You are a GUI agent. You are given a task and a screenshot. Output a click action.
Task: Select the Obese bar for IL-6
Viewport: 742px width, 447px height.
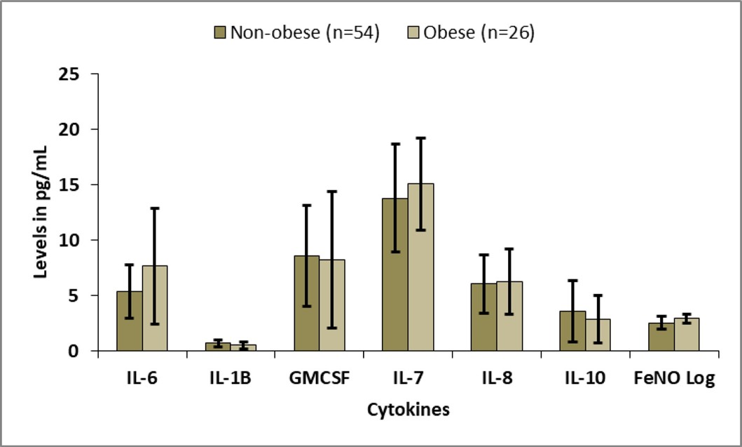click(155, 308)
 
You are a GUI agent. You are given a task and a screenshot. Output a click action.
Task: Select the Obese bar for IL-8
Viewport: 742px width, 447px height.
click(509, 316)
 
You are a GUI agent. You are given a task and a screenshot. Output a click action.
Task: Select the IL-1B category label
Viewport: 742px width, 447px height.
click(231, 380)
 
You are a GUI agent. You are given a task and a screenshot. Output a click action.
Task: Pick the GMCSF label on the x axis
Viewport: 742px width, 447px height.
click(320, 380)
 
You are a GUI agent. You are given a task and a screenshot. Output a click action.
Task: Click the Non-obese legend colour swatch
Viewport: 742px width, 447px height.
click(221, 33)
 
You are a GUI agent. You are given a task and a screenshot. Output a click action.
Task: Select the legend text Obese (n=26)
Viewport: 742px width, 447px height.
click(479, 33)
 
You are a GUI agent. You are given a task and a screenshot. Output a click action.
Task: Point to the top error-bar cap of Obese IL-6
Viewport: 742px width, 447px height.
click(155, 208)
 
